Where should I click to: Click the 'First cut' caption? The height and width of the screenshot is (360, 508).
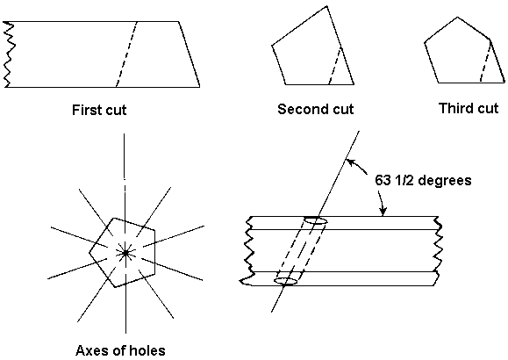(106, 112)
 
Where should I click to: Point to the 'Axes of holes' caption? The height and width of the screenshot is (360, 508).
(119, 350)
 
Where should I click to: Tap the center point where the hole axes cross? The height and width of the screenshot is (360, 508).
(126, 252)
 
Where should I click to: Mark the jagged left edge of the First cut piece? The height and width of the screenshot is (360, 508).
(8, 54)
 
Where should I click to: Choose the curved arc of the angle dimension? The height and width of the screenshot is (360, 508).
(371, 184)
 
